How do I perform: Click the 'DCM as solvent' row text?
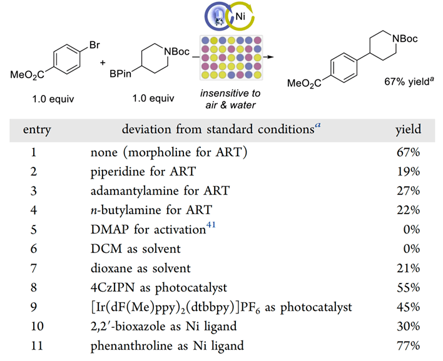point(135,249)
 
